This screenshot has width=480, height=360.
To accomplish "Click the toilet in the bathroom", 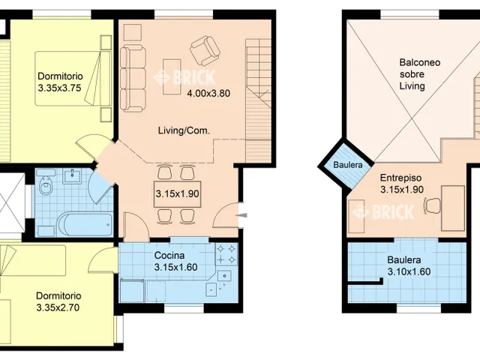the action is coord(46,185).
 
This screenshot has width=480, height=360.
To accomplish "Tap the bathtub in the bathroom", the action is coord(85,225).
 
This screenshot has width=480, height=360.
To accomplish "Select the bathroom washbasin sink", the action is coord(72,176).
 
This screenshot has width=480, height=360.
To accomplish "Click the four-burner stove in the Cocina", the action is coord(226,254).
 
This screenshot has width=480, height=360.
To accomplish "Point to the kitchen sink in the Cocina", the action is coord(224,276).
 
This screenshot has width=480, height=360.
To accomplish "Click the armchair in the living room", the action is coord(205,50).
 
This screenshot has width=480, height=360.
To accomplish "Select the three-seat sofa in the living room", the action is coord(133,78).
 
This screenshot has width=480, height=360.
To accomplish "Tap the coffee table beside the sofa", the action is coord(172,76).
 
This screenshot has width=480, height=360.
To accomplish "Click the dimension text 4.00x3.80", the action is coord(208,93).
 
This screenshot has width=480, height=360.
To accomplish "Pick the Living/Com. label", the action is coord(184,130).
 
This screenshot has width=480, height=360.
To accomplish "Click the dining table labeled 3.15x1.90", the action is coord(178,194).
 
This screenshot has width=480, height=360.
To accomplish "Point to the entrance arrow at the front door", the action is coord(242,215).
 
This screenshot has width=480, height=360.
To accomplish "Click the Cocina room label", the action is coord(169,255).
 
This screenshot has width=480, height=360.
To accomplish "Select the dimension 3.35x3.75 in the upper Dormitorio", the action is coord(59,88).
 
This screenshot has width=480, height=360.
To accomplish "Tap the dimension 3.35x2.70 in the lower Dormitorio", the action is coord(58,307).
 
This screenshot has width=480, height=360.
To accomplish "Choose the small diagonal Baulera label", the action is coord(348,165).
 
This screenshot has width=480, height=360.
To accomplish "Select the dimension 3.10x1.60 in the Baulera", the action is coord(409,271).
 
